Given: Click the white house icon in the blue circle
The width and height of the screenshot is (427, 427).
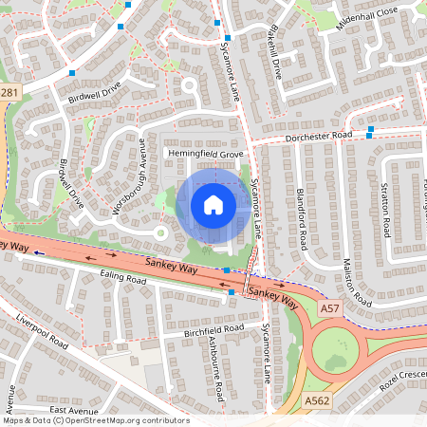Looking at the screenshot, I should click(x=213, y=205).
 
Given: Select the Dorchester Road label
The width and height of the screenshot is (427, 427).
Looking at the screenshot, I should click(x=318, y=138).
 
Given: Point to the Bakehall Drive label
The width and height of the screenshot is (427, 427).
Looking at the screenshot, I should click(x=274, y=59).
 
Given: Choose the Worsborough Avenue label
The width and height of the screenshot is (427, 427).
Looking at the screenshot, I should click(x=129, y=176).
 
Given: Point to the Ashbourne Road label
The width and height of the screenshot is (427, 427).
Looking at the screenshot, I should click(x=213, y=369).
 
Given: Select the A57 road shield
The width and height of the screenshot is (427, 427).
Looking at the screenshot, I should click(x=329, y=310).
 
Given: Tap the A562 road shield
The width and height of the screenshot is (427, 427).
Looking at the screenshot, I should click(x=316, y=401).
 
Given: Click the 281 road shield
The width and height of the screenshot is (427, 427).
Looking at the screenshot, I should click(x=9, y=92).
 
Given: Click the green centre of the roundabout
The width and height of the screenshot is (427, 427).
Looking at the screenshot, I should click(x=335, y=351).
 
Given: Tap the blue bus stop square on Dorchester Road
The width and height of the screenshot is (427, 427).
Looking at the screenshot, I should click(x=370, y=128).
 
